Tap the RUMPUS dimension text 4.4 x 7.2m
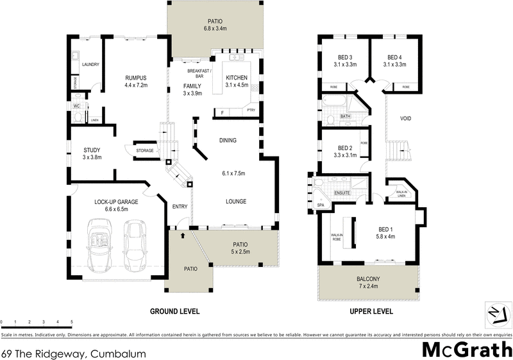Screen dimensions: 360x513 pyautogui.click(x=136, y=85)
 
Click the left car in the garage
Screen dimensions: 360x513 pyautogui.click(x=99, y=244)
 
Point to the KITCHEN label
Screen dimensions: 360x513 pyautogui.click(x=236, y=78)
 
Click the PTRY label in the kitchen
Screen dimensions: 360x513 pyautogui.click(x=251, y=110)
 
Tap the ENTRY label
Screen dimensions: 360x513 pyautogui.click(x=180, y=206)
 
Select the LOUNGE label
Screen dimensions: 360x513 pyautogui.click(x=236, y=201)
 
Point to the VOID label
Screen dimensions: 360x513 pyautogui.click(x=405, y=118)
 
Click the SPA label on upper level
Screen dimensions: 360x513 pyautogui.click(x=321, y=205)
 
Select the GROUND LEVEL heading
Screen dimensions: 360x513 pyautogui.click(x=175, y=311)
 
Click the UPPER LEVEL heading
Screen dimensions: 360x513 pyautogui.click(x=371, y=311)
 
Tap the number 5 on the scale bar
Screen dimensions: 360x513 pyautogui.click(x=71, y=321)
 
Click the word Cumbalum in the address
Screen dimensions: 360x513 pyautogui.click(x=120, y=354)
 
